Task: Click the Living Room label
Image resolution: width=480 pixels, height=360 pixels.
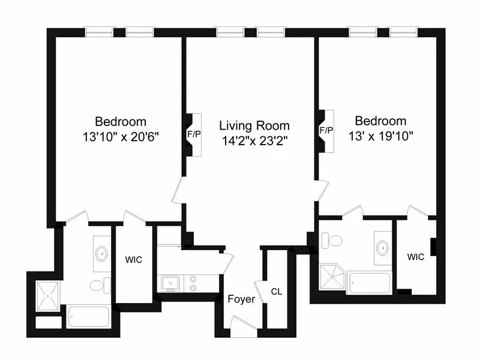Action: click(x=254, y=126)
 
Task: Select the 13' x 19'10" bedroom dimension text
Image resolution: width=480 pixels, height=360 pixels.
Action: click(x=380, y=136)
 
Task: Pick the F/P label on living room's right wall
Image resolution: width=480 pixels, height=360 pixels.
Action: click(x=326, y=130)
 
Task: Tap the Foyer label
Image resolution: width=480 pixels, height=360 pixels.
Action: click(x=242, y=299)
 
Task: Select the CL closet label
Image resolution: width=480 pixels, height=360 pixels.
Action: click(x=276, y=292)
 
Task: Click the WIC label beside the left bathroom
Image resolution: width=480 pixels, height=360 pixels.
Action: click(x=133, y=261)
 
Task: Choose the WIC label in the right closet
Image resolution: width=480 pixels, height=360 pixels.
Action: click(x=415, y=257)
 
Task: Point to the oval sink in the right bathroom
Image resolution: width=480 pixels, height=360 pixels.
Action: click(x=382, y=247)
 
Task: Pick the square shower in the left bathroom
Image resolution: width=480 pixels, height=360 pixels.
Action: click(x=47, y=295)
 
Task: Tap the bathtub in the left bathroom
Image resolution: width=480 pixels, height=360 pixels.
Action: click(x=88, y=317)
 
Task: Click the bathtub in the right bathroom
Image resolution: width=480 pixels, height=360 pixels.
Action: click(x=369, y=283)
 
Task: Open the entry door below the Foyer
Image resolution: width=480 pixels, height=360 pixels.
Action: click(x=244, y=328)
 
